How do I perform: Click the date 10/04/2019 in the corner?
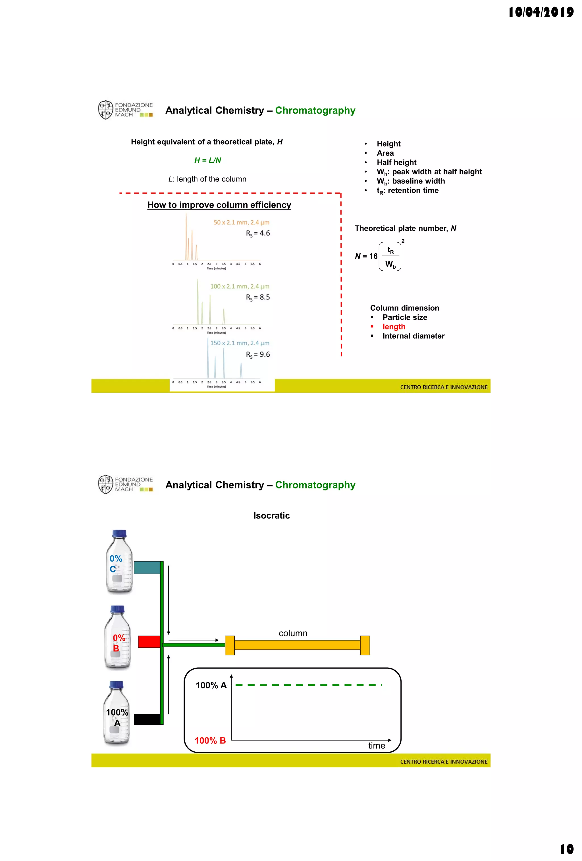click(x=541, y=12)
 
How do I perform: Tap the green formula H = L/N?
click(x=207, y=160)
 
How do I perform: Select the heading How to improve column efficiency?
click(x=219, y=205)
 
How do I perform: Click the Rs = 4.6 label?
click(x=258, y=233)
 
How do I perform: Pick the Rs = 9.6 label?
click(x=258, y=355)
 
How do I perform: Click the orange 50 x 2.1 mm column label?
click(x=241, y=222)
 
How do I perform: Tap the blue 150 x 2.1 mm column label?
click(x=240, y=343)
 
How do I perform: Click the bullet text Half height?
click(x=396, y=162)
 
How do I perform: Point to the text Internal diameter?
click(x=413, y=336)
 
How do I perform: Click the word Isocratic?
click(x=271, y=515)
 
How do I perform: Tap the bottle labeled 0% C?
click(x=119, y=562)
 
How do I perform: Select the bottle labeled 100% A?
click(x=117, y=713)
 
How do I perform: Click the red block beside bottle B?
click(x=149, y=642)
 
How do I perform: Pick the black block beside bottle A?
click(x=147, y=719)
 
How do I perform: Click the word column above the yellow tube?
click(x=293, y=633)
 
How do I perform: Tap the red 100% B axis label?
click(x=210, y=741)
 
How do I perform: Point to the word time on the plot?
click(x=376, y=745)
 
